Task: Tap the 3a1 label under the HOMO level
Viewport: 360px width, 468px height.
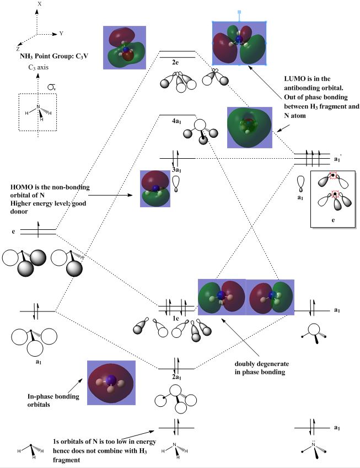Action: (x=177, y=170)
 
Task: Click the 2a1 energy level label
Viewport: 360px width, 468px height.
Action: (x=177, y=376)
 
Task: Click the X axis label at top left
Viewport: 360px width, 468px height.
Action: (x=39, y=4)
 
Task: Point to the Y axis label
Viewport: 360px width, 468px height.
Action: (x=61, y=33)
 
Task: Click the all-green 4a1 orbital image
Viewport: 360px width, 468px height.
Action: (x=250, y=127)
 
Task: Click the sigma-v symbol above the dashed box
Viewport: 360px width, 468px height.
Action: (x=51, y=87)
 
